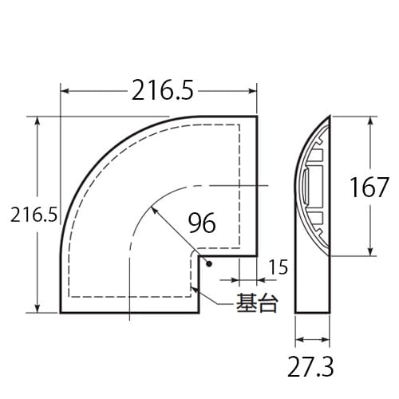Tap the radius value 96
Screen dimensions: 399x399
tap(203, 223)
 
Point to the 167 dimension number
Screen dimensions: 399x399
tap(369, 188)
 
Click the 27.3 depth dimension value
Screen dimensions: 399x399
tap(312, 365)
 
